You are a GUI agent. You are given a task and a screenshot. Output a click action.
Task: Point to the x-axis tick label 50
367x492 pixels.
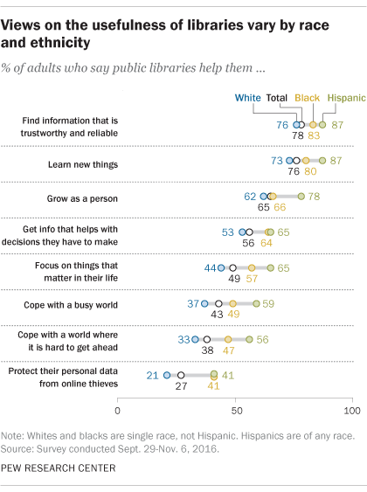click(235, 410)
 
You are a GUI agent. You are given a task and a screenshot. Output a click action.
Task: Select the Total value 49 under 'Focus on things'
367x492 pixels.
click(234, 279)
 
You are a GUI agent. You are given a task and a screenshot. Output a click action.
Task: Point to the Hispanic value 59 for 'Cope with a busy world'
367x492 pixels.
click(270, 303)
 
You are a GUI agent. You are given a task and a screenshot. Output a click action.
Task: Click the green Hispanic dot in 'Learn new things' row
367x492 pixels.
click(322, 161)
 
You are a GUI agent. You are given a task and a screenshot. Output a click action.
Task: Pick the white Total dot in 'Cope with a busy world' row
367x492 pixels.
click(218, 303)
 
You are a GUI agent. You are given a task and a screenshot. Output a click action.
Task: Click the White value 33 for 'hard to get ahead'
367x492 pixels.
click(184, 338)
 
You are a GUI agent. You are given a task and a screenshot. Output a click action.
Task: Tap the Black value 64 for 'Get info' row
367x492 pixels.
click(267, 244)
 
